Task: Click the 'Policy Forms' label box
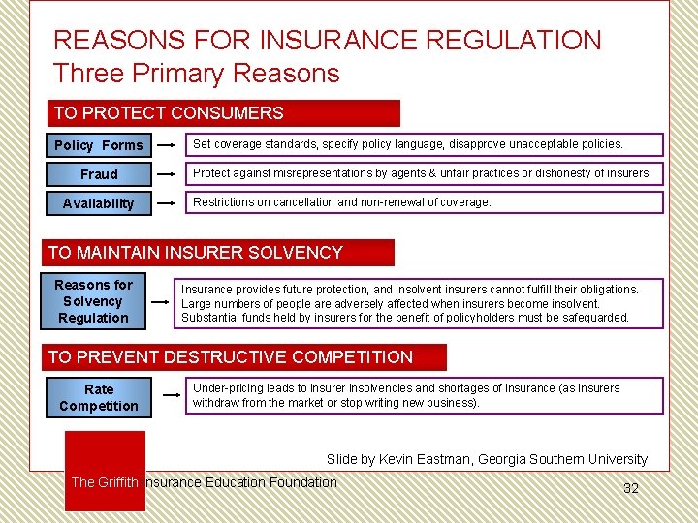coord(99,145)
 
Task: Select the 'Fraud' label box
coord(99,174)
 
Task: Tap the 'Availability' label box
coord(99,203)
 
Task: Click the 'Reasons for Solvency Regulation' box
coord(93,301)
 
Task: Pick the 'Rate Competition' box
coord(99,397)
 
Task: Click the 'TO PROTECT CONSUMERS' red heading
coord(224,113)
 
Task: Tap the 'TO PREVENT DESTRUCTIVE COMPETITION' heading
coord(246,357)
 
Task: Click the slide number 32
coord(630,488)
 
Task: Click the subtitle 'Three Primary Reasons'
coord(197,74)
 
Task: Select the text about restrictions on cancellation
coord(341,202)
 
